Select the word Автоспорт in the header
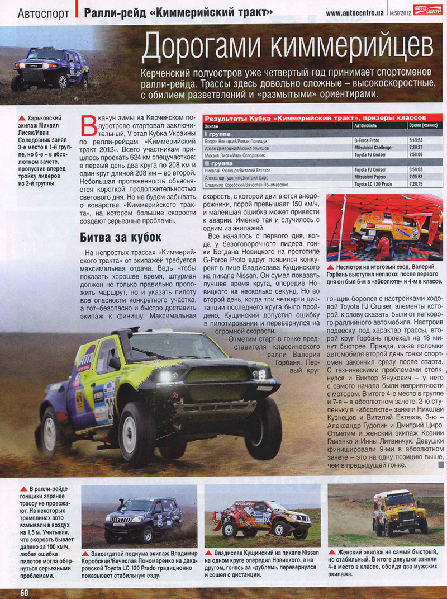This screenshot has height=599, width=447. [x=43, y=12]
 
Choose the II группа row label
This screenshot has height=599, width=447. [x=220, y=162]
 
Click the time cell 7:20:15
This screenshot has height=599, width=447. [x=415, y=183]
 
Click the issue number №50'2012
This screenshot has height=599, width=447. [x=398, y=12]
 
